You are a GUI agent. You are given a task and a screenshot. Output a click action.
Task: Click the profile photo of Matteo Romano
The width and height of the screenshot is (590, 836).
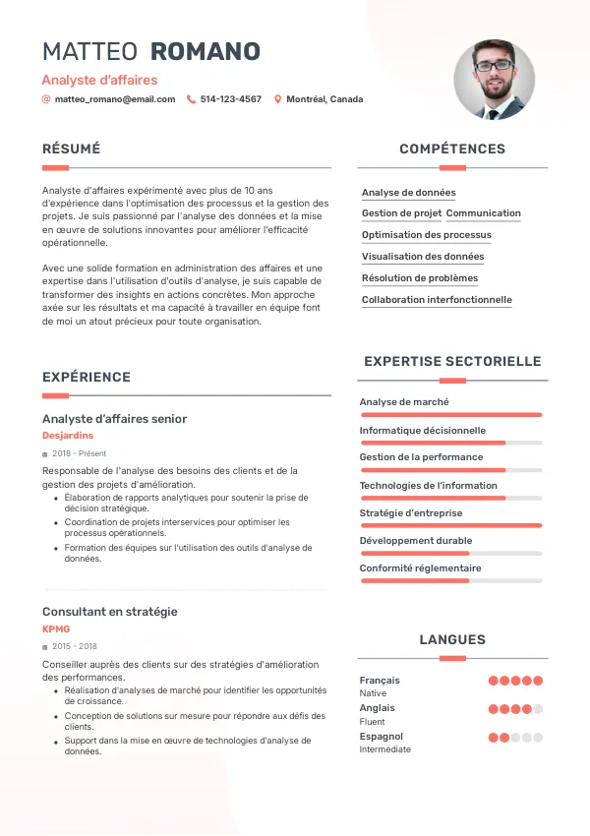494,80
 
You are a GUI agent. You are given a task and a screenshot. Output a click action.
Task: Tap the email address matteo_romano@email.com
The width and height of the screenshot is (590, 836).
114,99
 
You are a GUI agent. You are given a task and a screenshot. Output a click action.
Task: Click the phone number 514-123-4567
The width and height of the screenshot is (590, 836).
230,99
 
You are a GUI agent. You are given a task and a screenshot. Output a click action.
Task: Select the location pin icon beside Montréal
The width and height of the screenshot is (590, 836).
277,99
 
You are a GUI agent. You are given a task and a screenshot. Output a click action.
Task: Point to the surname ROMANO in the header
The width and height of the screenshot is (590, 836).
206,52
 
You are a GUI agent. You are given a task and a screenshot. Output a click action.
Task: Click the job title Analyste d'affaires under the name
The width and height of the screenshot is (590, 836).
99,80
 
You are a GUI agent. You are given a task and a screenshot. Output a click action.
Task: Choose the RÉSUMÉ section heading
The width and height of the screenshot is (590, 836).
71,149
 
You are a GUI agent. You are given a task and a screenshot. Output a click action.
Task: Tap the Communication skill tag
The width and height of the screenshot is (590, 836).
483,213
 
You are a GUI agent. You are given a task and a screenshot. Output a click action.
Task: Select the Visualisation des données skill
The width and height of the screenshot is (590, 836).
422,257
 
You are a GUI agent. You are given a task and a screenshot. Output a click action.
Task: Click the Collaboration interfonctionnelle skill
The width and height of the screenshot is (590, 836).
436,300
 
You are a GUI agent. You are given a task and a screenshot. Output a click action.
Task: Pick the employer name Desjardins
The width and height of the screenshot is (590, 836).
68,435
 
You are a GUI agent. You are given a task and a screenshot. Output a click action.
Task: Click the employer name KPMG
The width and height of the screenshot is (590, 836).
56,628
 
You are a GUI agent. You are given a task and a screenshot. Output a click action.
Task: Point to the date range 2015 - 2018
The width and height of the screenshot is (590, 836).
75,646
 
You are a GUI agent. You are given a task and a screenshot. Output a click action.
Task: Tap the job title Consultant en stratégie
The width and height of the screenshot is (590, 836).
109,611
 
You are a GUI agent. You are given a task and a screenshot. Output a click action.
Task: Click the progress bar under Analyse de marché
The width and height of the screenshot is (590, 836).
450,415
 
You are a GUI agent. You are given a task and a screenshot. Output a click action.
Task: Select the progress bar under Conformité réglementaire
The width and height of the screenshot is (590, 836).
450,581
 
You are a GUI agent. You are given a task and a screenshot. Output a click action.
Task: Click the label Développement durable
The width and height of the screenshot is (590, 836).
415,540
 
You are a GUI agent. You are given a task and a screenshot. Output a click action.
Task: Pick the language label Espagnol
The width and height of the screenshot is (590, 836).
381,736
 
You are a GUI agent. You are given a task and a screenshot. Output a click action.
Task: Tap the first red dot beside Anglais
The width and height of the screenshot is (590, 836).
494,708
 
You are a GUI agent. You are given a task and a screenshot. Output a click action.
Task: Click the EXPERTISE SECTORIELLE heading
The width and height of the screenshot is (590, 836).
452,361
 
